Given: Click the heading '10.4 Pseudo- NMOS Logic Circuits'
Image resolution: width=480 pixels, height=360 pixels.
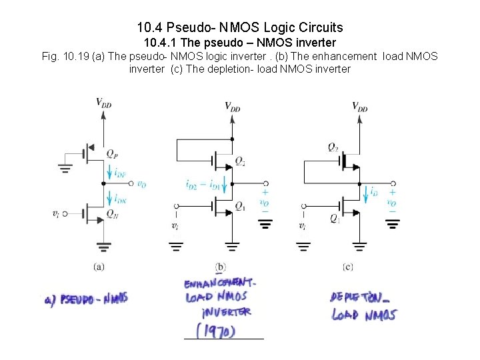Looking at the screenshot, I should click(x=240, y=27).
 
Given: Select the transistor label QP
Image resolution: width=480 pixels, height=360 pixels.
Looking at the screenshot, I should click(x=113, y=153).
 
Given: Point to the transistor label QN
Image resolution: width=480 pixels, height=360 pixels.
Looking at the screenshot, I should click(x=113, y=214).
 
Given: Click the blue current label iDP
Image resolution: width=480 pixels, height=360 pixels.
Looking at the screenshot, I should click(x=121, y=173).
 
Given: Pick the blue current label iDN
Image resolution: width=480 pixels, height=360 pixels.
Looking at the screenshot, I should click(x=121, y=199).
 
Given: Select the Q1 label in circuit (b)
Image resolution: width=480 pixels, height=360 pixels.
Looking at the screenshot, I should click(x=240, y=206).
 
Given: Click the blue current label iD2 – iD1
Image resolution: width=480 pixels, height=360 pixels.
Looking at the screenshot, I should click(x=203, y=185).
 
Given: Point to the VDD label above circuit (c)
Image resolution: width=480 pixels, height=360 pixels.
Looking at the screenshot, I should click(x=359, y=106).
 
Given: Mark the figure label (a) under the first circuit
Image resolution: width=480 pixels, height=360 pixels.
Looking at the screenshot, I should click(x=99, y=267).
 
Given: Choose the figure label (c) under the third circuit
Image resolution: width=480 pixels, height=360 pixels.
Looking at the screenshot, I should click(x=347, y=267).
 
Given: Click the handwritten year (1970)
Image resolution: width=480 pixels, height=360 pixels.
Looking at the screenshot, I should click(x=215, y=329).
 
